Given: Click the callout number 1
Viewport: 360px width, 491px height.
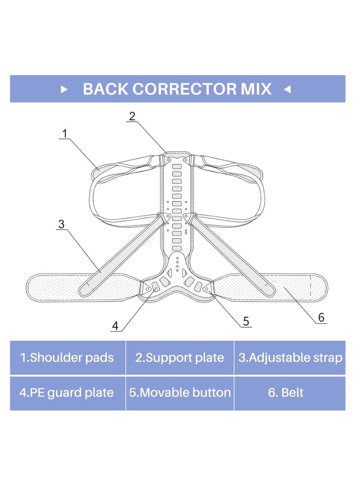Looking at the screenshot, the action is [x=65, y=134].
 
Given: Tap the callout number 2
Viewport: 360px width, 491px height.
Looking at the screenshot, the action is [x=132, y=116].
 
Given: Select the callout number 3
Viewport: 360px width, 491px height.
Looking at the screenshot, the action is [x=61, y=224].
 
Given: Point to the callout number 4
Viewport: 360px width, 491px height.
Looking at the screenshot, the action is [x=115, y=326].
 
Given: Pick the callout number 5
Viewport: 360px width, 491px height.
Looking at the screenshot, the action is [x=246, y=321].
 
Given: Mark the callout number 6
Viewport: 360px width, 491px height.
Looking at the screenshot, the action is [x=321, y=318].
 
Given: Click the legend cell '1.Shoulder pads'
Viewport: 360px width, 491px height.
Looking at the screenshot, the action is [x=67, y=358].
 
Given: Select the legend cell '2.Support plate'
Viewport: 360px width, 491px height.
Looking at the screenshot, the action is [x=180, y=358].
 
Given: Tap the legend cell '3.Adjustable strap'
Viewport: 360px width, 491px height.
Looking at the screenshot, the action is [x=290, y=358].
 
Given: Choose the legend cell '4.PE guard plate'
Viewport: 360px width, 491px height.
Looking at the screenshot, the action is [x=67, y=393].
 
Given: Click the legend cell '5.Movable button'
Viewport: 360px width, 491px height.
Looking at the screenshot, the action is [x=180, y=393].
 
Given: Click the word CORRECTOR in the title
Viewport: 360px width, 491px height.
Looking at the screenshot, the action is [x=184, y=89].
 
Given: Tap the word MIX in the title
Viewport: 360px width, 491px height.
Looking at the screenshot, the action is [x=256, y=89].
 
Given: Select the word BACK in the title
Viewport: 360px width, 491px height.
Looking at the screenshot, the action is [x=105, y=89].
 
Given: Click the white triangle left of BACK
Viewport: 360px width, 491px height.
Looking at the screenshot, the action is [x=64, y=90].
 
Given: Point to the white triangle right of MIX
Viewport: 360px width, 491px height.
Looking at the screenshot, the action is [x=288, y=90].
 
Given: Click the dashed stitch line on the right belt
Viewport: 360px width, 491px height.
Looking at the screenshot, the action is [x=310, y=286].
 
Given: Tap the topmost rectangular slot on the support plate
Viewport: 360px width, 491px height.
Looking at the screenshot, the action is [x=177, y=166].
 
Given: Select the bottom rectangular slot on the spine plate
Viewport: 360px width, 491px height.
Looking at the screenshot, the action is [x=177, y=248].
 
